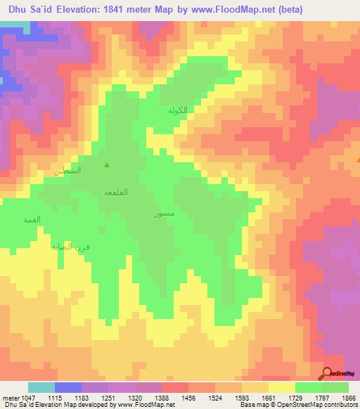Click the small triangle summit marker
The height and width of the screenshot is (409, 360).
(x=107, y=166)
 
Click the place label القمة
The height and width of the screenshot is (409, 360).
(x=32, y=221)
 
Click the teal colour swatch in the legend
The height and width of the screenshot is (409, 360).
(x=41, y=387)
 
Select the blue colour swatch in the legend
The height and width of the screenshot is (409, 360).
(x=68, y=387)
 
